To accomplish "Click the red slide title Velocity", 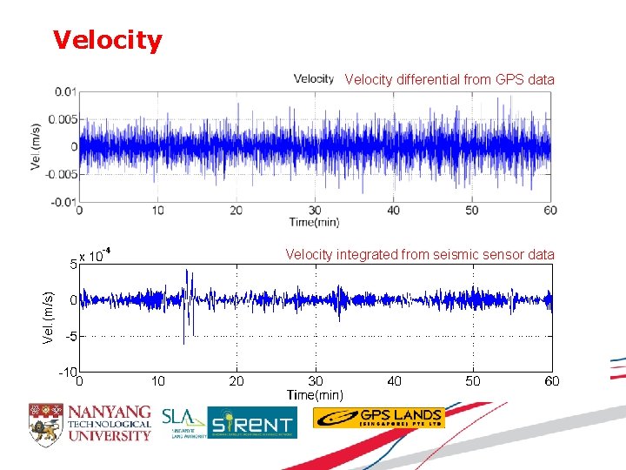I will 107,40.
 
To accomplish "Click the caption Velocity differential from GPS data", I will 449,80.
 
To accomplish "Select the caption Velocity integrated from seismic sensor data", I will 420,255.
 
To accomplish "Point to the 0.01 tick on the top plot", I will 65,91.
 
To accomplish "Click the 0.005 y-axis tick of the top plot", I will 63,119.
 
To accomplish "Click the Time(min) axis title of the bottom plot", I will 316,395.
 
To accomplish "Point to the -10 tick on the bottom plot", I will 68,373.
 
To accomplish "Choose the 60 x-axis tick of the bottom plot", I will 552,381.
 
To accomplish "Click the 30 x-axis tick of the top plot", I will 315,210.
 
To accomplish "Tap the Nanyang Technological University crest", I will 45,421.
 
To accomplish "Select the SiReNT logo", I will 251,422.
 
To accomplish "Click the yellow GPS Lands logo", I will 378,418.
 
